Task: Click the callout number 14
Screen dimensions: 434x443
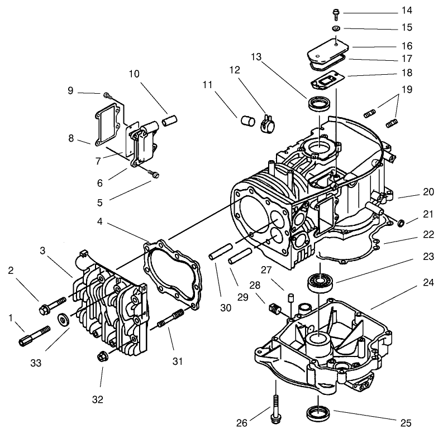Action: coord(422,11)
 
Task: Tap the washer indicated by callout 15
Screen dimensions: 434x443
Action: coord(337,28)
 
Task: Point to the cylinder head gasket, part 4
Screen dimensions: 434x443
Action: coord(172,272)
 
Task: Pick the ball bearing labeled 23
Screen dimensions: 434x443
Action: coord(321,282)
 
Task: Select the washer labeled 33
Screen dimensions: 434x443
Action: coord(64,320)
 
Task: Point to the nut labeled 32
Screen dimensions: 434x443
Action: coord(102,355)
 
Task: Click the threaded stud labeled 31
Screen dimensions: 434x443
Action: coord(170,319)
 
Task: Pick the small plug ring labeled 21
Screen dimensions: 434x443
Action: coord(401,224)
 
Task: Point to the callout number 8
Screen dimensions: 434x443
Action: coord(71,138)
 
